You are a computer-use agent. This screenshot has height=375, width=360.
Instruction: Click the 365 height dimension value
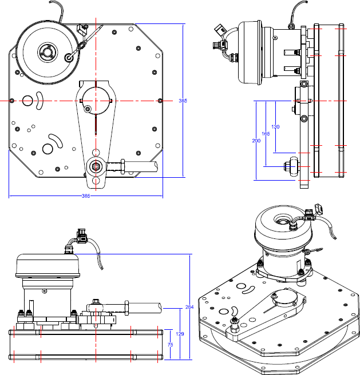[183, 101]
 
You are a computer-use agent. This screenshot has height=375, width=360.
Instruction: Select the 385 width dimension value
[86, 196]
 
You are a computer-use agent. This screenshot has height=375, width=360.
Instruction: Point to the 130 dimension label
[275, 126]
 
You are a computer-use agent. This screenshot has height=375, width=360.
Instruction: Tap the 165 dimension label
[266, 134]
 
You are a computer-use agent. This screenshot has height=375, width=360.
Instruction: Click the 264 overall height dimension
[189, 308]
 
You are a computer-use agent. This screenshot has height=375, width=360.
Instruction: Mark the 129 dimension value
[179, 334]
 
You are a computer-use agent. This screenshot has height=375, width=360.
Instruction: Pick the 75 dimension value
[170, 345]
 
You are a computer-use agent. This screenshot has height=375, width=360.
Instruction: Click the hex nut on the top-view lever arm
[95, 167]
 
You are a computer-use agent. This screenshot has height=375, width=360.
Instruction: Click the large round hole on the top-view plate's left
[26, 101]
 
